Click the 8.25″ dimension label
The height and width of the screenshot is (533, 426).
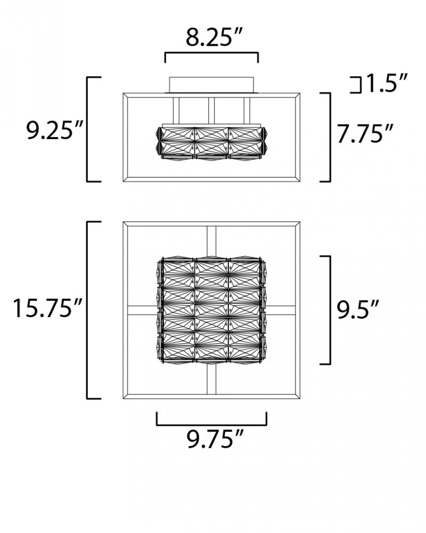click(x=214, y=37)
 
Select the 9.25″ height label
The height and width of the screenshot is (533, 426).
click(x=54, y=130)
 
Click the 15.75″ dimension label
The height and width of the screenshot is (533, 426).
click(x=47, y=309)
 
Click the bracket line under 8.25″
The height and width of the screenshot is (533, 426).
click(x=211, y=53)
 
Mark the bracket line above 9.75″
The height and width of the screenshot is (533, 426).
click(x=211, y=425)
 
